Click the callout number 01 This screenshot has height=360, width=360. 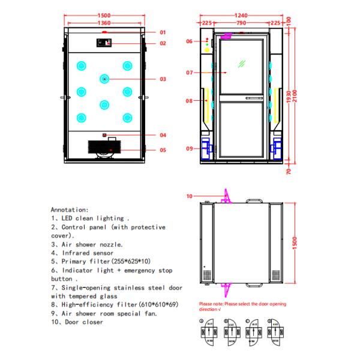pyautogui.click(x=163, y=32)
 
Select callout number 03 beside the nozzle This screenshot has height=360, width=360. pyautogui.click(x=163, y=79)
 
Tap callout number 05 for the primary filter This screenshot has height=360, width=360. pyautogui.click(x=163, y=150)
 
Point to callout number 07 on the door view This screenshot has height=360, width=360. pyautogui.click(x=189, y=73)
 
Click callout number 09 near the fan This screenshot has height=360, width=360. pyautogui.click(x=189, y=149)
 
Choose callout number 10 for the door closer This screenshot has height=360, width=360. pyautogui.click(x=189, y=196)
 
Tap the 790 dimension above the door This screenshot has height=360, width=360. pyautogui.click(x=241, y=23)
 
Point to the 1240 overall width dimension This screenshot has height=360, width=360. pyautogui.click(x=241, y=16)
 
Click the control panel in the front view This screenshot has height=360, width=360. pyautogui.click(x=104, y=43)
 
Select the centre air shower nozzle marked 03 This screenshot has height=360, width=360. pyautogui.click(x=104, y=79)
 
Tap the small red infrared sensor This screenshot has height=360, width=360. pyautogui.click(x=105, y=135)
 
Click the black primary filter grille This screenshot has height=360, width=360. pyautogui.click(x=105, y=147)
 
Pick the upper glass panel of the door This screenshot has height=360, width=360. pyautogui.click(x=241, y=66)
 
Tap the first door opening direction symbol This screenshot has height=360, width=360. pyautogui.click(x=209, y=332)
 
